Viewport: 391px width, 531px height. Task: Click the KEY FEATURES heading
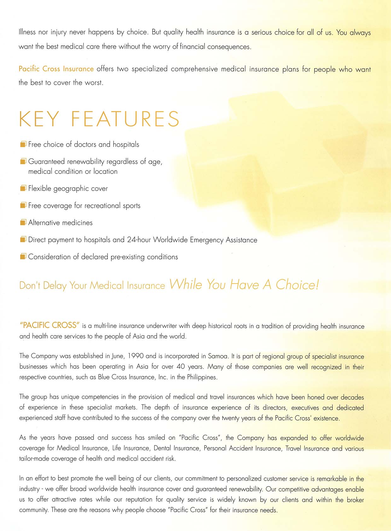tap(99, 119)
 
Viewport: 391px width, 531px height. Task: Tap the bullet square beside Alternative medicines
tap(23, 222)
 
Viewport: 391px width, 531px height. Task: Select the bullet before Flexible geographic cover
tap(23, 188)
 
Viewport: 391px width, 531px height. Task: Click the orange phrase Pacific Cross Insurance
tap(56, 69)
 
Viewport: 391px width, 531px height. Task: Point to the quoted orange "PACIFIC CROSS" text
tap(49, 325)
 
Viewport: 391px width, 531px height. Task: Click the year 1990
tap(136, 356)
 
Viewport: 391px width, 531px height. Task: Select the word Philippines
tap(202, 377)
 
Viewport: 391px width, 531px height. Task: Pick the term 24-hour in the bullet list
tap(139, 240)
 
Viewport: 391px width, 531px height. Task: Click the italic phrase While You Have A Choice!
tap(244, 285)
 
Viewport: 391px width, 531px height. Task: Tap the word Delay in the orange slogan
tap(55, 286)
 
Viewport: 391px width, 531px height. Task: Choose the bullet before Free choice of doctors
tap(23, 144)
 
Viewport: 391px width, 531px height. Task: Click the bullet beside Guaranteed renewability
tap(23, 162)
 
